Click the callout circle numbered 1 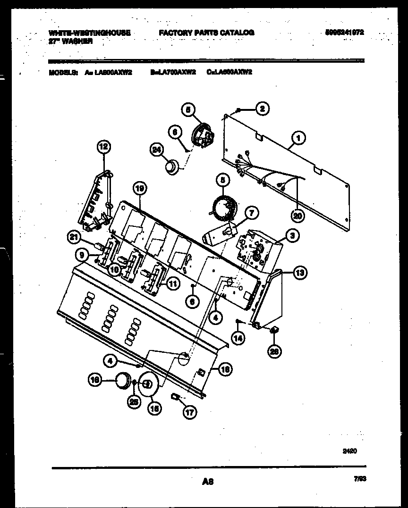298,138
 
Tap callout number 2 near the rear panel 262,108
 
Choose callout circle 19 140,189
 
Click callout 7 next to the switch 251,214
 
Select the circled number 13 300,272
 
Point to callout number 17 190,412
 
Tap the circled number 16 96,379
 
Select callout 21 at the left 73,238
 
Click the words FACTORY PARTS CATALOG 206,33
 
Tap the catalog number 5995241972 344,33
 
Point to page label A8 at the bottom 208,482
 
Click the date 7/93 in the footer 359,478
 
